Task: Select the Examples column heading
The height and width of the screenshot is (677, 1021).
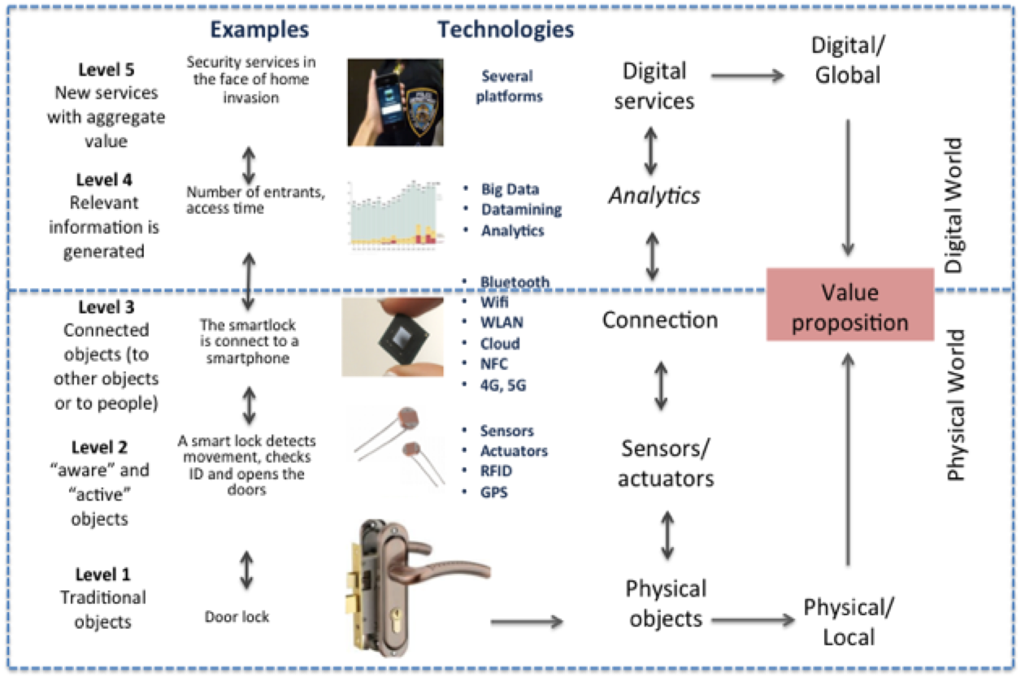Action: (259, 30)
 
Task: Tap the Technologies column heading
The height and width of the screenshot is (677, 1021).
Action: (506, 30)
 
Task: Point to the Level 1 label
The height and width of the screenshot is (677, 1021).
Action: (102, 575)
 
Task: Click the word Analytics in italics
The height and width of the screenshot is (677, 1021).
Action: (656, 195)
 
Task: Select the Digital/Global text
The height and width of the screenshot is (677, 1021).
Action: (845, 62)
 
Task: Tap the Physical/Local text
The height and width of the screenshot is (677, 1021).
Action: (842, 621)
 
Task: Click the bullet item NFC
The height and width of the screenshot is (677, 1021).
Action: (493, 365)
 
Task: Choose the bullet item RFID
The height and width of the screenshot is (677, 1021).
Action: (497, 471)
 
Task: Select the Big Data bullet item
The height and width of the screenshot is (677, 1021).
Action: (510, 189)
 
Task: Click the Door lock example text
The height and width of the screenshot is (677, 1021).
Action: (237, 617)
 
